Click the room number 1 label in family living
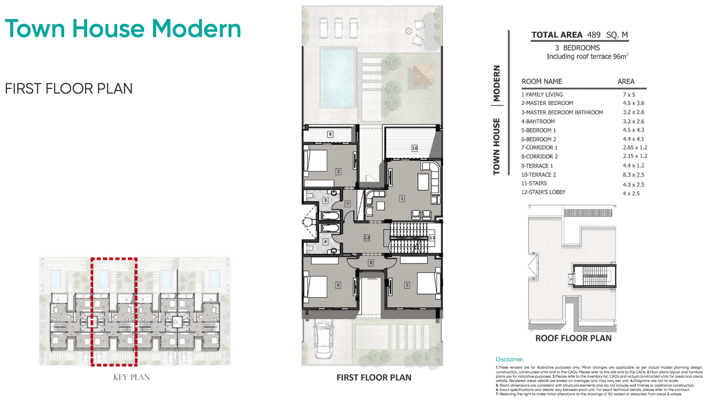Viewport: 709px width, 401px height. coord(402,198)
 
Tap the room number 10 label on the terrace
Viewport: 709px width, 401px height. coord(415,148)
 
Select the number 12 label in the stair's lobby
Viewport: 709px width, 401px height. coord(367,238)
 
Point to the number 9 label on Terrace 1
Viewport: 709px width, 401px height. coord(330,134)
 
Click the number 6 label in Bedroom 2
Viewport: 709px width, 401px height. coord(338,285)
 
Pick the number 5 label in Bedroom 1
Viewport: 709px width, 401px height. coord(407,285)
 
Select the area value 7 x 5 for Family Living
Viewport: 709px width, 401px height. coord(629,95)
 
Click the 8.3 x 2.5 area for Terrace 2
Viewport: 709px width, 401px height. coord(633,175)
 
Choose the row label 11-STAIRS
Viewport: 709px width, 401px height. coord(534,183)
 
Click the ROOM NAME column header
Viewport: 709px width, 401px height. coord(541,82)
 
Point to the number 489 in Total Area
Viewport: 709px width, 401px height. coord(594,35)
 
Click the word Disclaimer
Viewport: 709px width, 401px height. coord(509,359)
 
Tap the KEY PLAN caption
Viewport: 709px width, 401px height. coord(131,377)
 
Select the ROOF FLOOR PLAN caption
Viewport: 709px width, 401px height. coord(573,338)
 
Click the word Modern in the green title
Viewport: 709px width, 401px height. coord(196,29)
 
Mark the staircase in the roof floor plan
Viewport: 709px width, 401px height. coord(595,276)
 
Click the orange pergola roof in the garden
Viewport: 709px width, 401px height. coord(423,76)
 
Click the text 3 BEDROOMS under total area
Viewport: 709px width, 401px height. coord(577,48)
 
